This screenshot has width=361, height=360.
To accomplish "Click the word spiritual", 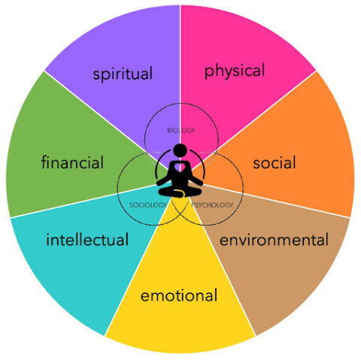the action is click(123, 74).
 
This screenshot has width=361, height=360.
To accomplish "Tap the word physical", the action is click(235, 71).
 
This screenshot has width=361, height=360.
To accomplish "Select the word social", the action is click(275, 162).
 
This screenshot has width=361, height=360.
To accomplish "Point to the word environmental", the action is click(274, 240).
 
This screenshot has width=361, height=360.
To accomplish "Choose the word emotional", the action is click(179, 295).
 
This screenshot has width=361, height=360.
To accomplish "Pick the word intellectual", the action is click(87, 239).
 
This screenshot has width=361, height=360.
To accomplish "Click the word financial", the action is click(72, 162).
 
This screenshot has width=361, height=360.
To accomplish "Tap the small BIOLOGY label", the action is click(181, 130).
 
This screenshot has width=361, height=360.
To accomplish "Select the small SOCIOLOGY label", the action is click(147, 205).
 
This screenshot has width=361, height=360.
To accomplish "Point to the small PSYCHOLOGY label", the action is click(212, 205).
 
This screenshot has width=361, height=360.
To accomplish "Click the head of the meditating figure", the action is click(180, 150).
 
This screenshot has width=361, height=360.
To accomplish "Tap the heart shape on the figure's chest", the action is click(180, 167).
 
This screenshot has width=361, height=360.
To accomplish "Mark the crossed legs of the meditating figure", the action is click(180, 192).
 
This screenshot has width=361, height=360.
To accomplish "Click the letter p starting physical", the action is click(208, 73).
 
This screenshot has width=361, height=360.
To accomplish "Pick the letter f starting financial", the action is click(44, 162).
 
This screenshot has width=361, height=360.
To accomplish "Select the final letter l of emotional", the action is click(216, 295).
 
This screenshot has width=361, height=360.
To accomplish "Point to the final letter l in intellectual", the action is click(127, 239).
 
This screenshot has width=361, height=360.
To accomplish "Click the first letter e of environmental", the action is click(224, 241).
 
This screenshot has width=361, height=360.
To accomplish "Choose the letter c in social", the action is click(274, 164).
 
